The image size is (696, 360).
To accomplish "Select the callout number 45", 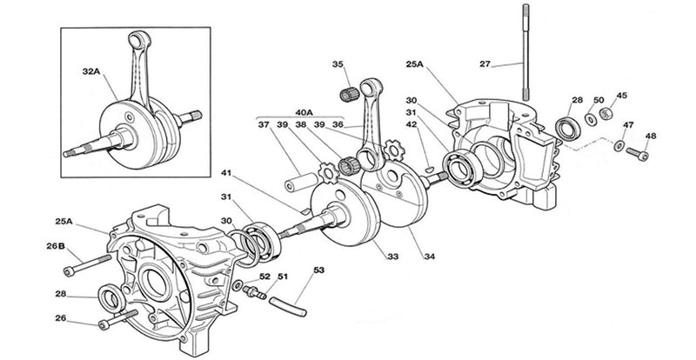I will (622, 96).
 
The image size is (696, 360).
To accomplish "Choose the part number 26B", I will (56, 246).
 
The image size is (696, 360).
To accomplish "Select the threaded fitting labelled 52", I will (252, 289).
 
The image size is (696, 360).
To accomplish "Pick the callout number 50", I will (599, 101).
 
